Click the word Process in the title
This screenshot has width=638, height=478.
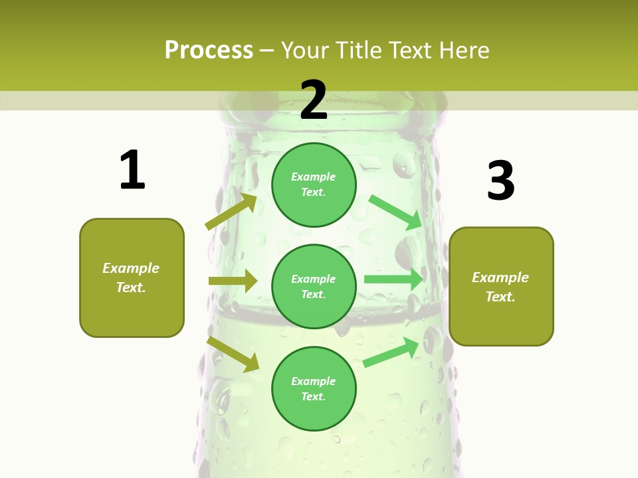tap(209, 50)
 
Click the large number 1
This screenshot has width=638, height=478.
tap(132, 171)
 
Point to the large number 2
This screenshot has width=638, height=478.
tap(314, 100)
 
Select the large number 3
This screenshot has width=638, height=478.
tap(501, 181)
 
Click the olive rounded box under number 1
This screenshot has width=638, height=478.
tap(132, 278)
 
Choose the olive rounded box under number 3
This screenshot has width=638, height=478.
tap(501, 287)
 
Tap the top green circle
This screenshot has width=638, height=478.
tap(314, 185)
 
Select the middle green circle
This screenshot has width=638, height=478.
tap(314, 287)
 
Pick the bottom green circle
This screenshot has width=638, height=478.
tap(314, 388)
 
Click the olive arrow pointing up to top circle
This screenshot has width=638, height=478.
tap(231, 212)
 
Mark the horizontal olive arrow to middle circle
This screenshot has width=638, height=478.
tap(233, 281)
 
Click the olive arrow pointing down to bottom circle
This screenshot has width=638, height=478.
tap(233, 354)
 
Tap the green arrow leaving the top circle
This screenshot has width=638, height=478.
tap(395, 212)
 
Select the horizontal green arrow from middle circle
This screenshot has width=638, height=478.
tap(393, 279)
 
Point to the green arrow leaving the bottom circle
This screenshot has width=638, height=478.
tap(391, 352)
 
